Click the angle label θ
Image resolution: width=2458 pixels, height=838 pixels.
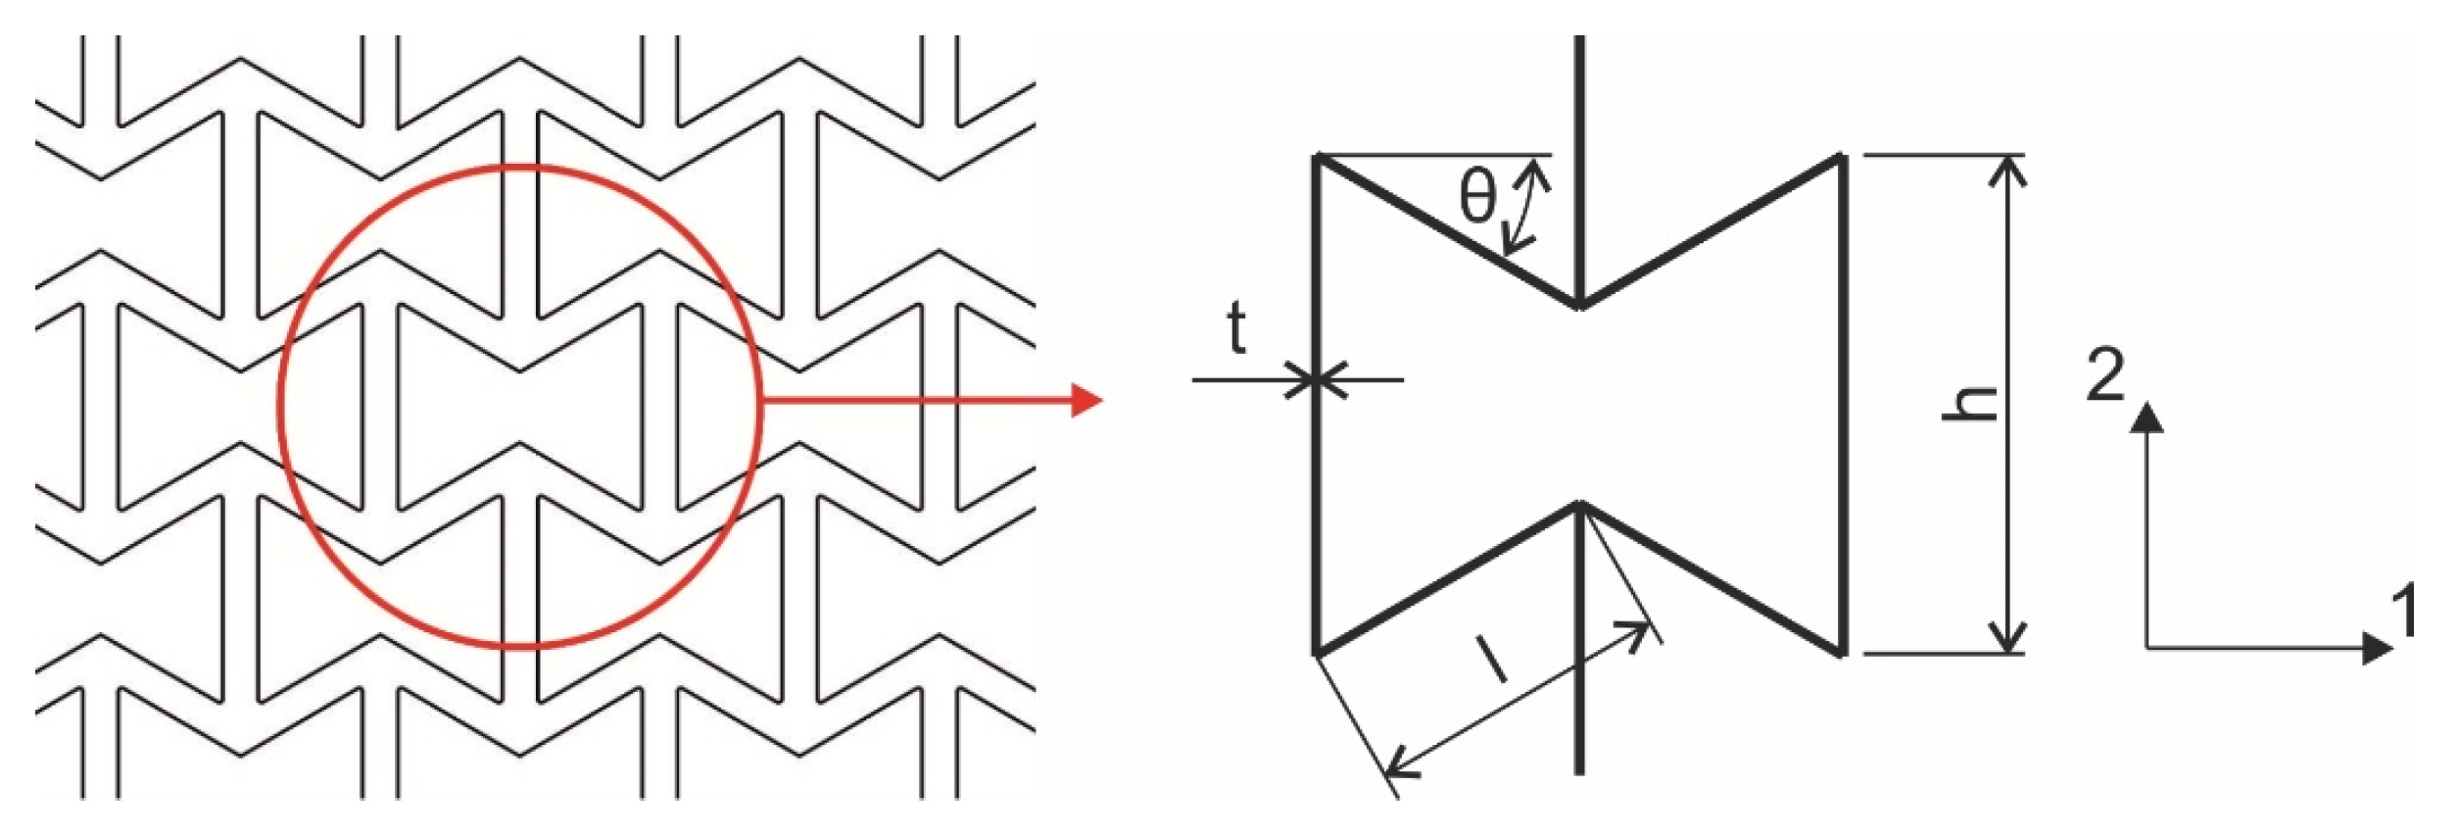click(x=1477, y=197)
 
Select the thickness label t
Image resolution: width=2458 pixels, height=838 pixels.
click(x=1237, y=328)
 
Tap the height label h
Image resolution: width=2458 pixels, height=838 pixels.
click(x=1970, y=403)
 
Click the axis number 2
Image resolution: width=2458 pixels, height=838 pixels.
click(x=2105, y=374)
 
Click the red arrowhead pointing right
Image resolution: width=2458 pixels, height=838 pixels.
click(x=1088, y=400)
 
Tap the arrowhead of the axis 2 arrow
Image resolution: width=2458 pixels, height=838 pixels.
click(x=2146, y=417)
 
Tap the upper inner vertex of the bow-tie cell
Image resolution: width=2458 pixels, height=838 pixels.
click(x=1579, y=307)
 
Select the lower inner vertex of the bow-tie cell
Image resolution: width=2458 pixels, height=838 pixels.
click(x=1579, y=505)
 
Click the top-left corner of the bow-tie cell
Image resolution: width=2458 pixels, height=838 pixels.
click(x=1319, y=157)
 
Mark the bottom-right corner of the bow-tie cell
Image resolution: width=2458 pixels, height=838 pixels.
click(x=1842, y=653)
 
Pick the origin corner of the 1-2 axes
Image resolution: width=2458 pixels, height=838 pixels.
click(x=2146, y=648)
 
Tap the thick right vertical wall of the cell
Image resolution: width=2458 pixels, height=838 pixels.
click(x=1842, y=403)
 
